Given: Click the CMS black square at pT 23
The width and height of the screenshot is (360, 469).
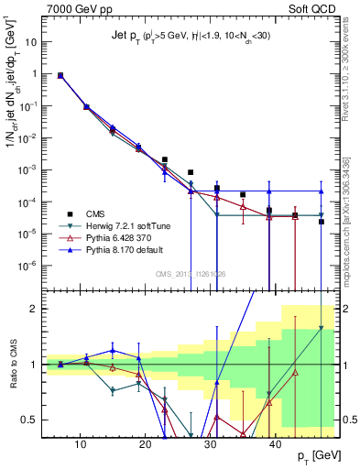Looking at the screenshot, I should point(165,159).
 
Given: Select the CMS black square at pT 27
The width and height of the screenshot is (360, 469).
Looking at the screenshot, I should point(191,172).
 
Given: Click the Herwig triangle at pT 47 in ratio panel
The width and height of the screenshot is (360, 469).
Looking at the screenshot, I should point(321,328).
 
